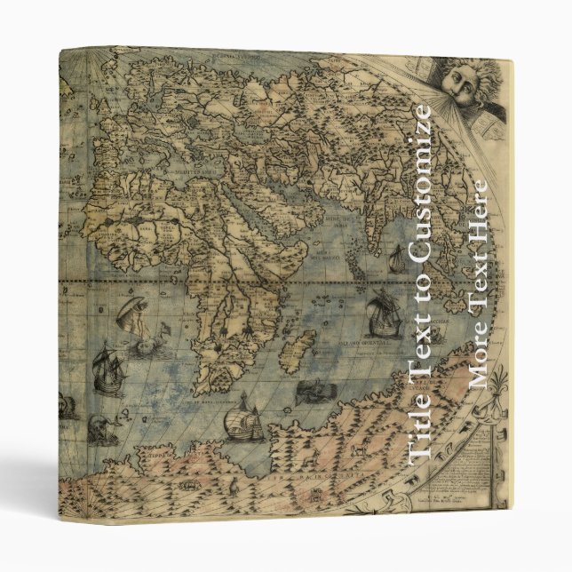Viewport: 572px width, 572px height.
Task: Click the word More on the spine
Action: [x=477, y=360]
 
